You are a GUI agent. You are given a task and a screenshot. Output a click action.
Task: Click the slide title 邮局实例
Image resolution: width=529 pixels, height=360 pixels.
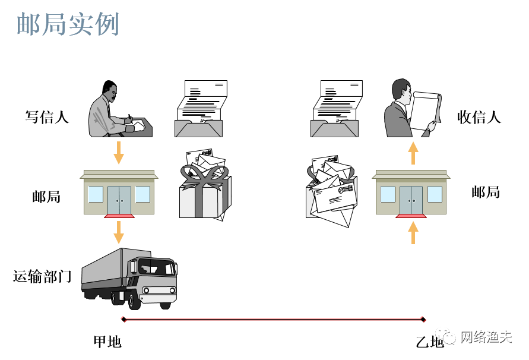pos(68,24)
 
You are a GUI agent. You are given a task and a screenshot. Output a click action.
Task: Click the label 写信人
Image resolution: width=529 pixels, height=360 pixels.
pos(47,117)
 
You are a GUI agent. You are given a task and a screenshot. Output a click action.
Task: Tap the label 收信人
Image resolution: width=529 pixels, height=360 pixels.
pos(479,117)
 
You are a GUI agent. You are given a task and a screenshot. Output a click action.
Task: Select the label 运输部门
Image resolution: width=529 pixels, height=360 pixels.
pos(43,276)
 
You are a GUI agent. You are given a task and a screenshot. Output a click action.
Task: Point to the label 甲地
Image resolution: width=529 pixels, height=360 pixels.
pos(107,342)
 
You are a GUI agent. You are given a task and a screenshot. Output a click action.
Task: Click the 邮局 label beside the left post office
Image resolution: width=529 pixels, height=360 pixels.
pos(46,197)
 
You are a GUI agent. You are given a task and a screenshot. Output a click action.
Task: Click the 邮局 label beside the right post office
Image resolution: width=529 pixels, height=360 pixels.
pos(485,192)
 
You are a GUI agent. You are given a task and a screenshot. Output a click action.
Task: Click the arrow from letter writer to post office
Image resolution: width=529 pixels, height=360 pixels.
pos(119,152)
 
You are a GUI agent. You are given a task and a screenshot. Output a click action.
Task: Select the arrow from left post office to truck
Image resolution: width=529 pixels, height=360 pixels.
pos(119,232)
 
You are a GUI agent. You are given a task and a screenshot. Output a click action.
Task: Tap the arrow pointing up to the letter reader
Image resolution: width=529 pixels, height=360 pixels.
pos(413,153)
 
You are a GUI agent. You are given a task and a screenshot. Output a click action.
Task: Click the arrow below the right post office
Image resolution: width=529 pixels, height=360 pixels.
pos(413,232)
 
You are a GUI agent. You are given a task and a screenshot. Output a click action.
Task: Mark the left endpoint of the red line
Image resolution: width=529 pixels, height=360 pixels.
pos(123,320)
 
